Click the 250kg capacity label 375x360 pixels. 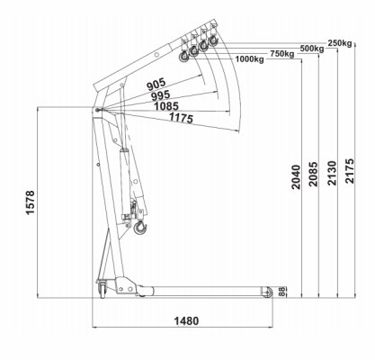coord(340,43)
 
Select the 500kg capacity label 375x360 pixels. coord(312,49)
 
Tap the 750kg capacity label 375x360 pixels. coord(282,54)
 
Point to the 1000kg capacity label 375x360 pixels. coord(249,59)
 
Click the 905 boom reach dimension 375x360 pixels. coord(156,85)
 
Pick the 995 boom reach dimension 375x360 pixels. coord(160,95)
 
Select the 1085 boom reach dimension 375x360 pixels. coord(166,106)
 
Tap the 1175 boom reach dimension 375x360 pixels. coord(181,118)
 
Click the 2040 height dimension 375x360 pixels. coord(296,177)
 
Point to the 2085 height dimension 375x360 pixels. coord(313,175)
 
